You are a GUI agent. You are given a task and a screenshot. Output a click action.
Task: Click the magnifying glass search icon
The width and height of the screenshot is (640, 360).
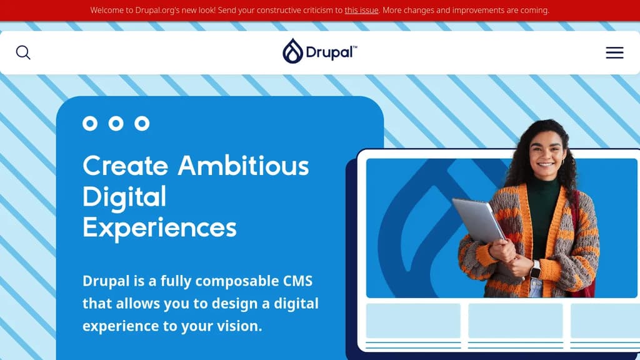[23, 52]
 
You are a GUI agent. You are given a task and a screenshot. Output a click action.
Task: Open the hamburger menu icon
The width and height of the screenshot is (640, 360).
[614, 52]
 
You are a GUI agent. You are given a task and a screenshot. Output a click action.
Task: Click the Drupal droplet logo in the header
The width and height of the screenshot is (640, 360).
[292, 51]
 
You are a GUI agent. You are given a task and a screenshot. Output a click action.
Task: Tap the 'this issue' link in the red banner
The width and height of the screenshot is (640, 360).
[361, 11]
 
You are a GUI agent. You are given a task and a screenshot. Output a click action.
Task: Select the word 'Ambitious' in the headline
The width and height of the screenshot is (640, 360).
[243, 166]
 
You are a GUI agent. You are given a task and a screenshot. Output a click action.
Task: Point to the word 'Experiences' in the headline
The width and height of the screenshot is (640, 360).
[159, 227]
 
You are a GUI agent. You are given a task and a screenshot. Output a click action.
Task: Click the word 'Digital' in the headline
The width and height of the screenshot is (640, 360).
[124, 197]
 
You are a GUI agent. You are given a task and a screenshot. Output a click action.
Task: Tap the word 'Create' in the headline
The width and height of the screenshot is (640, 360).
[126, 166]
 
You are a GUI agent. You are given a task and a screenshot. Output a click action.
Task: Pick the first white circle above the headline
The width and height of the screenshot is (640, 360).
[90, 123]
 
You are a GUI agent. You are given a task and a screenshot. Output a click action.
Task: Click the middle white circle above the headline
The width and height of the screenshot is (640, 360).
[116, 123]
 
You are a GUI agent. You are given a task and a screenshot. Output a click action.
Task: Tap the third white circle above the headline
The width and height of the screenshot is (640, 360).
[142, 123]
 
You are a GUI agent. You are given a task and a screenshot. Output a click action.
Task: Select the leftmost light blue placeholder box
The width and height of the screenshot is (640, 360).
[413, 321]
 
